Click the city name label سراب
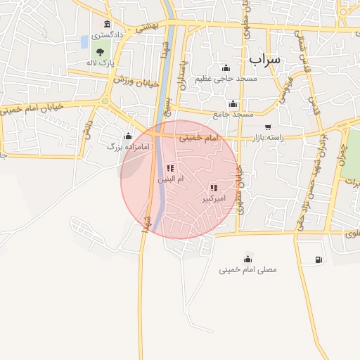264,59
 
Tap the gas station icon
319,259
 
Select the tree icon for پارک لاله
101,51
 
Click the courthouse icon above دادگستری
106,23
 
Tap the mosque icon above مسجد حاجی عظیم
226,67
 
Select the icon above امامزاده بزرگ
128,136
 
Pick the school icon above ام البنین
169,168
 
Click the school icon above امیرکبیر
214,188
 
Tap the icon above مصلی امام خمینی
247,258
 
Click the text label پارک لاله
100,63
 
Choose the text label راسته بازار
281,139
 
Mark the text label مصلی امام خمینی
247,269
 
